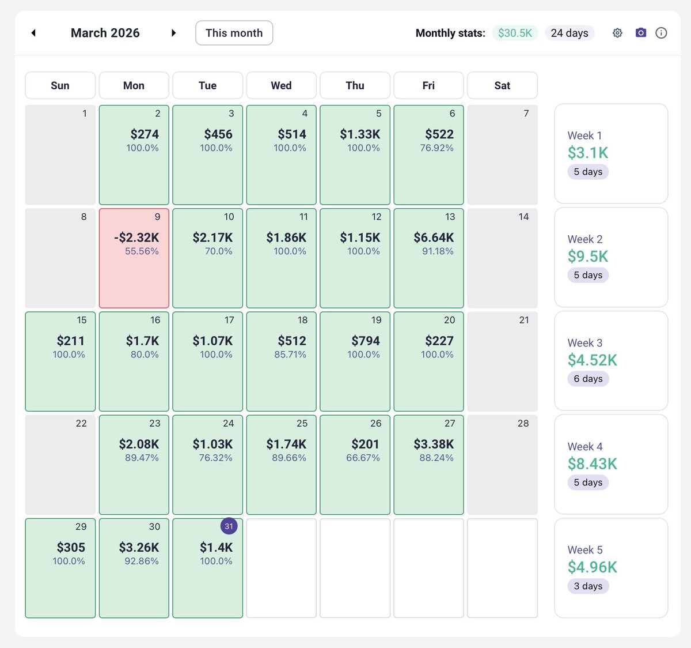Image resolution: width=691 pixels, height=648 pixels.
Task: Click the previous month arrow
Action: coord(33,33)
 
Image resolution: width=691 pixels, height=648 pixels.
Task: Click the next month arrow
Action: coord(173,33)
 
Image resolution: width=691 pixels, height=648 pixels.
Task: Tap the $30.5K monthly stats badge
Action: coord(515,33)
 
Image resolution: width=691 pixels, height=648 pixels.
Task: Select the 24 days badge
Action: coord(569,33)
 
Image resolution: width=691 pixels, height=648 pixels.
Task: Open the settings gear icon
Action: coord(617,33)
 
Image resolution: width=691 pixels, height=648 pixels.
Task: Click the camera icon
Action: coord(640,33)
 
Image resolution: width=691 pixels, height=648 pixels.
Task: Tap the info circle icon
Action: coord(661,33)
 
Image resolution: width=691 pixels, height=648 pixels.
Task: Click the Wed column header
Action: coord(281,85)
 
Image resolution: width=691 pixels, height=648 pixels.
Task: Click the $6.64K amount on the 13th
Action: coord(434,238)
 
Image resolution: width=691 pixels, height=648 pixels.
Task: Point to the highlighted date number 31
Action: coord(229,526)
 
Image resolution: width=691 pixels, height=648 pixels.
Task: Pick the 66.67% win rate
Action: coord(363,458)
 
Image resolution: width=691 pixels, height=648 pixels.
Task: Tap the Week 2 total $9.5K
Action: coord(588,257)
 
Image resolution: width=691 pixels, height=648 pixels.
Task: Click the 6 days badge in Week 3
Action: coord(588,379)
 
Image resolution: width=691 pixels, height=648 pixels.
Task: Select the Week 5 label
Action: coord(585,550)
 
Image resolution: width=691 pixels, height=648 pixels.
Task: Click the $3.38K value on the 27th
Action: coord(434,444)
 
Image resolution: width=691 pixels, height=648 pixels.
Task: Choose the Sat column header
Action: coord(502,85)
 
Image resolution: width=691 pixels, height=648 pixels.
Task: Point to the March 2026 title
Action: coord(105,33)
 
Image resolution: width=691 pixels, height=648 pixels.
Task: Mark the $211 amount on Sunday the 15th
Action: coord(70,341)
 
